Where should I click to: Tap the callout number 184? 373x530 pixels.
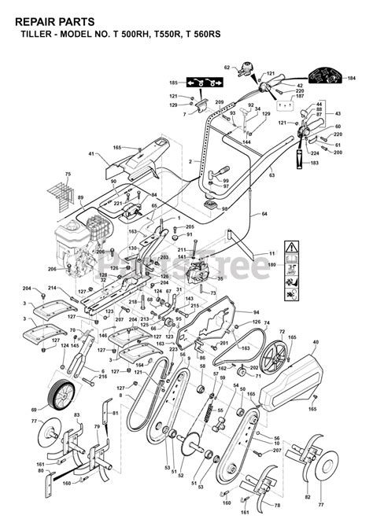(351, 78)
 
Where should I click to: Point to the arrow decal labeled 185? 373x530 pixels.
(205, 83)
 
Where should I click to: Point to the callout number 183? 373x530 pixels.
(314, 163)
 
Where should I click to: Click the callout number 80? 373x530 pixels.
(41, 472)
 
